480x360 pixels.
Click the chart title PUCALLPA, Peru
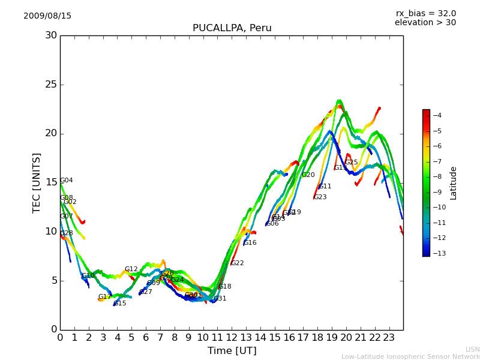pyautogui.click(x=232, y=28)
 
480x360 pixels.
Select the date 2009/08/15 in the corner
pyautogui.click(x=47, y=16)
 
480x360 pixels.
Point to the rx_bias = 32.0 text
pyautogui.click(x=425, y=14)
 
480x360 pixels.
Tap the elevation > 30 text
pyautogui.click(x=425, y=23)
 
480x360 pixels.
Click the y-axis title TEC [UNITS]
pyautogui.click(x=37, y=182)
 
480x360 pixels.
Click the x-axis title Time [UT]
pyautogui.click(x=232, y=351)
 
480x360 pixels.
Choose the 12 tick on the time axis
pyautogui.click(x=232, y=338)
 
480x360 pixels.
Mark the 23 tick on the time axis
pyautogui.click(x=389, y=338)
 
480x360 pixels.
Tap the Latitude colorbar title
pyautogui.click(x=454, y=183)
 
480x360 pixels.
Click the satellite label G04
pyautogui.click(x=66, y=181)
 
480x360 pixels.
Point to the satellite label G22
pyautogui.click(x=237, y=263)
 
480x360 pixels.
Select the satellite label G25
pyautogui.click(x=351, y=163)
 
